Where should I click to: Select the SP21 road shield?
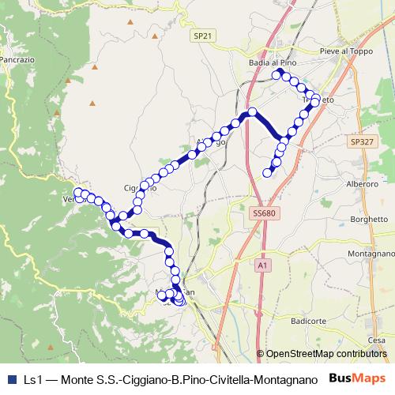(203, 36)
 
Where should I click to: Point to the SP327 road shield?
(360, 141)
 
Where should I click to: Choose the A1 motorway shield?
(261, 267)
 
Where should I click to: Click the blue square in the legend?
(9, 379)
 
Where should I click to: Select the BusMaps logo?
(357, 378)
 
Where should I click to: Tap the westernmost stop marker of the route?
(78, 193)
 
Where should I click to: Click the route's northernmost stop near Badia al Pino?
(277, 74)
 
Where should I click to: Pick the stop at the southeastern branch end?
(268, 173)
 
